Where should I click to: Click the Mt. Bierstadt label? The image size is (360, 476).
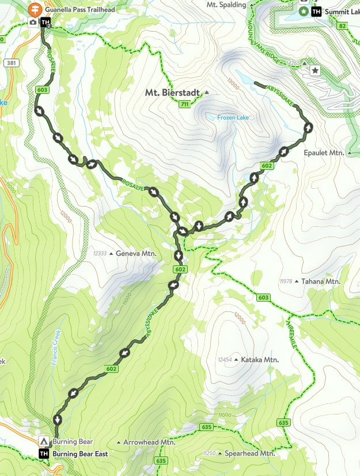pyautogui.click(x=171, y=92)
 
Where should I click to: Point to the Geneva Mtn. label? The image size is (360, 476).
pyautogui.click(x=137, y=253)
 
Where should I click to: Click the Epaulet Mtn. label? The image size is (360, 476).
pyautogui.click(x=323, y=153)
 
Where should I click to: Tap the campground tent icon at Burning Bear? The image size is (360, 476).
pyautogui.click(x=43, y=441)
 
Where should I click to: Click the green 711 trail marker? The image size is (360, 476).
pyautogui.click(x=184, y=104)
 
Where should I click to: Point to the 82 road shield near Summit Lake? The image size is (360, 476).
pyautogui.click(x=343, y=25)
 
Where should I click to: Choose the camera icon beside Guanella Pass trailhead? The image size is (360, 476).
pyautogui.click(x=33, y=22)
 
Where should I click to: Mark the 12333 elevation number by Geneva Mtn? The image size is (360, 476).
pyautogui.click(x=99, y=253)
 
